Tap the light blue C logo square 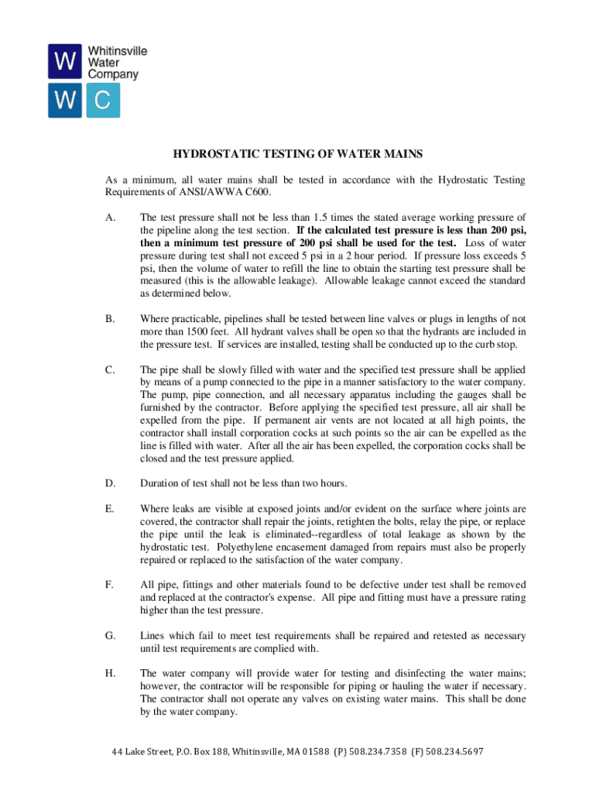(103, 101)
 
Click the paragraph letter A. (110, 218)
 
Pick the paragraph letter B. (110, 319)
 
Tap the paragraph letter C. (110, 370)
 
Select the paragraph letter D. (110, 484)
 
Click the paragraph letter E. (110, 510)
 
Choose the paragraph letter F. (110, 585)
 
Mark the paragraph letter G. (110, 636)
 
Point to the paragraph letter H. (110, 674)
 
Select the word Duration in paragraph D (159, 484)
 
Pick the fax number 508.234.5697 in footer (453, 752)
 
